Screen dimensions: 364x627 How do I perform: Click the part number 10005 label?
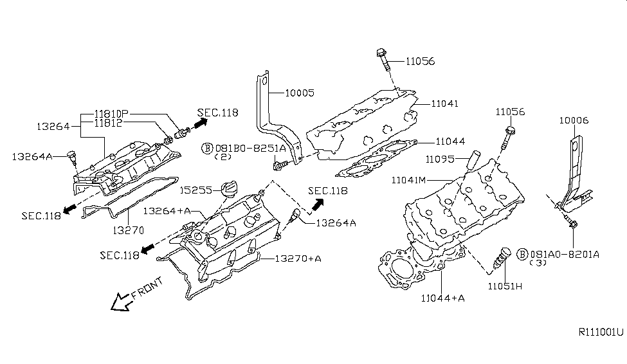(x=300, y=93)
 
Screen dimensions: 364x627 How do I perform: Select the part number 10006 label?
(x=574, y=120)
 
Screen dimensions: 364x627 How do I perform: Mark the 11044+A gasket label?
(x=443, y=298)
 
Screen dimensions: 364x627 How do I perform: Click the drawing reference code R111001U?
(x=601, y=332)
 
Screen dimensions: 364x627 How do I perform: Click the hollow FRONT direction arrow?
(x=120, y=301)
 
